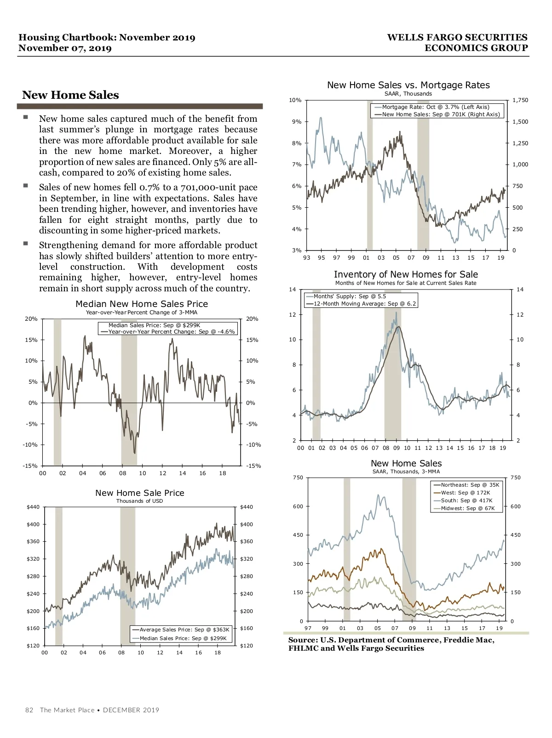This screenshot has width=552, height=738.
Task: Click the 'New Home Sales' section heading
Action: coord(70,95)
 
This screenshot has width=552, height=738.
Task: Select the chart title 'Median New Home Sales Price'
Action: coord(142,304)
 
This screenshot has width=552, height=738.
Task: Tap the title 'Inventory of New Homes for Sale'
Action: coord(406,274)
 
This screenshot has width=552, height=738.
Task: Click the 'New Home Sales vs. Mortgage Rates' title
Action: coord(408,85)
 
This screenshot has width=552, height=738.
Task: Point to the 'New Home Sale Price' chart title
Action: coord(140,493)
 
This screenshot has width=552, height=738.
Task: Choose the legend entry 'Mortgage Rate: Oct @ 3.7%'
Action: coord(436,107)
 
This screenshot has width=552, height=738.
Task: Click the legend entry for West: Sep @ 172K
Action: coord(465,493)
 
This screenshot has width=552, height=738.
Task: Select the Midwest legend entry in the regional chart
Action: coord(467,508)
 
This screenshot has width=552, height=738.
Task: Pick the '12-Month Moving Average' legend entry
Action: coord(364,304)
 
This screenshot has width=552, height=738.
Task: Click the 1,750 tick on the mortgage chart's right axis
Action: coord(520,100)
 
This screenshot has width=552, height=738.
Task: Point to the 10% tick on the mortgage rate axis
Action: coord(295,100)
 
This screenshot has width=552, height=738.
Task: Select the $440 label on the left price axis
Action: coord(33,507)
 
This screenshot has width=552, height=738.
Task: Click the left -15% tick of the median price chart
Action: coord(30,466)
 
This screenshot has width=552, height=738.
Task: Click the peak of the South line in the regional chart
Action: coord(379,495)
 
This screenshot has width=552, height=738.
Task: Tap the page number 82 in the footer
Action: coord(29,710)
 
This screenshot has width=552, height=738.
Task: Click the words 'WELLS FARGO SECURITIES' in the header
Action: coord(457,38)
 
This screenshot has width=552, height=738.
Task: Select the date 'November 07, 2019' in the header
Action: coord(65,48)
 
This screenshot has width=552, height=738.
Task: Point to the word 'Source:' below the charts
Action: coord(303,640)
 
